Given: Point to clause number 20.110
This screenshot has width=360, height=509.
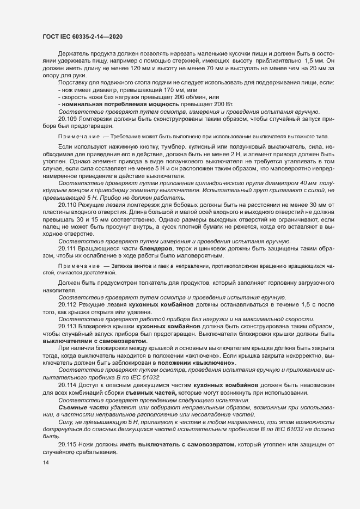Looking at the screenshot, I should pos(69,219).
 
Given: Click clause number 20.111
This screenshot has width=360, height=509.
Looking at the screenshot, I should pos(69,263).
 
